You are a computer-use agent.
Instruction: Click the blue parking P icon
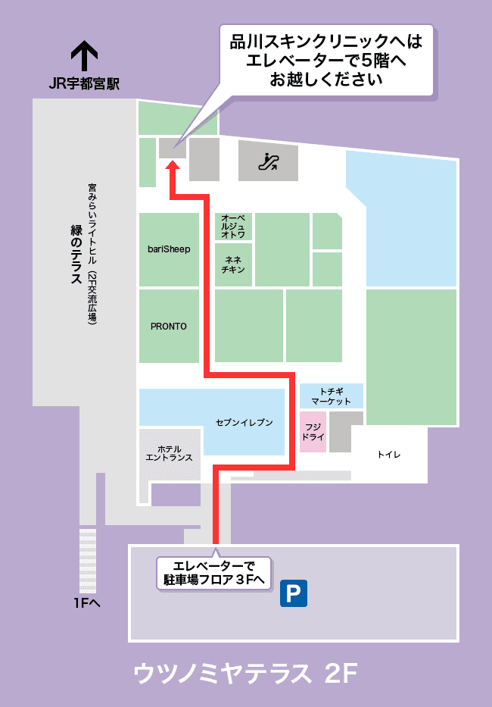click(294, 593)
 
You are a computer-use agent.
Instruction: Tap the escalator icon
click(269, 161)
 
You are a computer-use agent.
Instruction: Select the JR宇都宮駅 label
click(84, 85)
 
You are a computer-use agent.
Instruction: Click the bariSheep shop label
click(169, 249)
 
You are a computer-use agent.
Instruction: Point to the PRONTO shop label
click(168, 326)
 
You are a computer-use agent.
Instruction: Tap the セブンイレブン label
click(244, 422)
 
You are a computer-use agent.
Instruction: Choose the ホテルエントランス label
click(169, 453)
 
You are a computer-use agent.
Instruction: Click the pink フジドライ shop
click(313, 432)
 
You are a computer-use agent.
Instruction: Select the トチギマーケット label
click(331, 396)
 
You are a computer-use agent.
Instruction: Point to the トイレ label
click(388, 455)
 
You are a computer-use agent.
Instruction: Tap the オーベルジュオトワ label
click(233, 227)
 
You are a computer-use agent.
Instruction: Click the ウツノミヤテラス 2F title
click(244, 673)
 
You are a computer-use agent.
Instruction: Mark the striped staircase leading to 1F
click(89, 560)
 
